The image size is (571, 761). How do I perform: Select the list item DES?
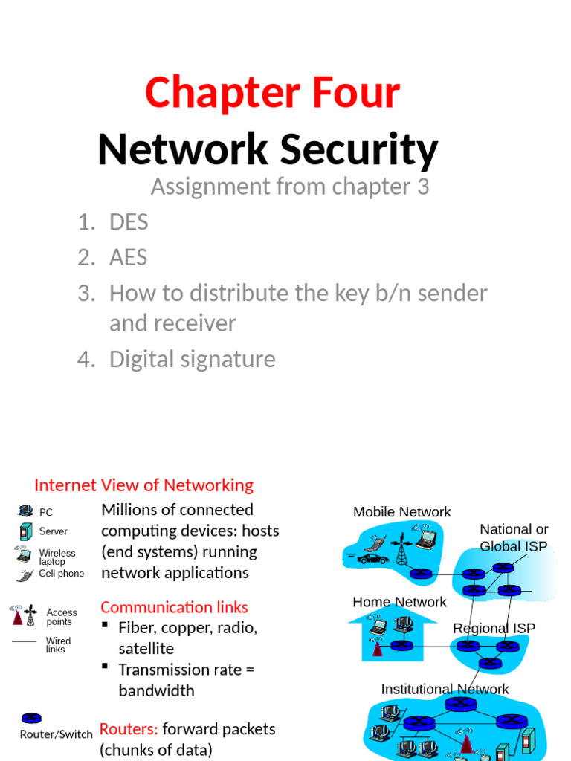[129, 221]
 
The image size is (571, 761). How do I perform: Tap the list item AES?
[128, 257]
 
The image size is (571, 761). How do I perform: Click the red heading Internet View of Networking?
[143, 485]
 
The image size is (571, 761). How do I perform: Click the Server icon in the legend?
[26, 531]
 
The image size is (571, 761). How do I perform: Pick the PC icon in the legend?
[25, 511]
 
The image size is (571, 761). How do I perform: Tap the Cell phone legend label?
[61, 574]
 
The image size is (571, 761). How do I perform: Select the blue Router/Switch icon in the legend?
[30, 718]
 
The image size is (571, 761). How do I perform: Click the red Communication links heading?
[174, 607]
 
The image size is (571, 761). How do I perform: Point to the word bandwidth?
[156, 690]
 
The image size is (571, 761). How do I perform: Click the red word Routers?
[129, 729]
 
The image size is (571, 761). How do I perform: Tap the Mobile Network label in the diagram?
[401, 512]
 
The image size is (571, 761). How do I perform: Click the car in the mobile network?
[372, 558]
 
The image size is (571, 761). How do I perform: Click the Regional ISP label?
[494, 628]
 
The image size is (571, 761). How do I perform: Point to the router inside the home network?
[401, 645]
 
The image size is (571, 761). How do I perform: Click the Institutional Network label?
[445, 689]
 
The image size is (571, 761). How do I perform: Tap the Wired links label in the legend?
[58, 645]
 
